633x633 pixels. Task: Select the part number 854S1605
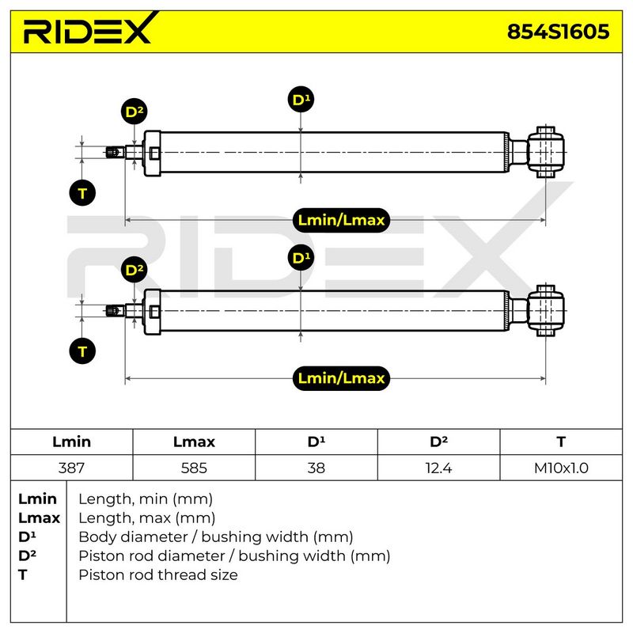click(558, 32)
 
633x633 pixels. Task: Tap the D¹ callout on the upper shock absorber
click(301, 100)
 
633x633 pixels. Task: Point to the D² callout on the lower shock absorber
click(134, 270)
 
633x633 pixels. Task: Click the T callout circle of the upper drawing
click(82, 193)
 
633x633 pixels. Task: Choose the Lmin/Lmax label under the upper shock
click(341, 220)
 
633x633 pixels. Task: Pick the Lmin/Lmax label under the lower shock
click(341, 378)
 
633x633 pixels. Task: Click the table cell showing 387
click(71, 468)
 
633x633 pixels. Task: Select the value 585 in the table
click(194, 468)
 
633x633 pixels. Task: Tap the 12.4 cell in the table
click(438, 468)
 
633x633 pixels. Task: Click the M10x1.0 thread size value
click(561, 468)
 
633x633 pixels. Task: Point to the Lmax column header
click(194, 442)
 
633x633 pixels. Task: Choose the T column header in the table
click(561, 442)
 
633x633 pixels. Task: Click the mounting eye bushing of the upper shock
click(545, 152)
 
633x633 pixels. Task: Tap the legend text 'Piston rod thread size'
click(158, 575)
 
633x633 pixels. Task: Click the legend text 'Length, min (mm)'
click(146, 499)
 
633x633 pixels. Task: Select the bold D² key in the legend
click(27, 555)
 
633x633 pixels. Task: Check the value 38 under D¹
click(316, 468)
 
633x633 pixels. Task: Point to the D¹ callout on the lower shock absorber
click(301, 258)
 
